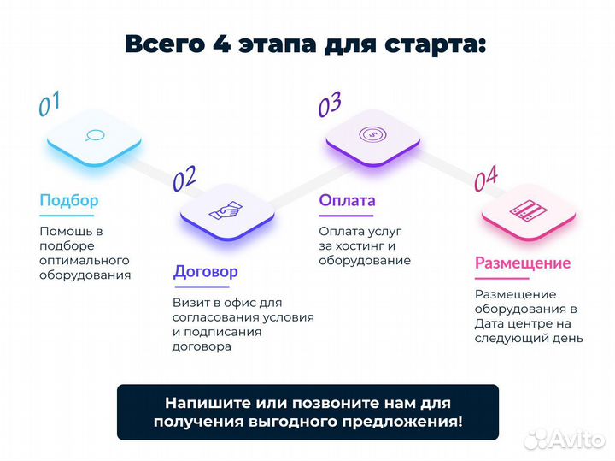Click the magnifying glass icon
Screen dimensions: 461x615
coord(94,134)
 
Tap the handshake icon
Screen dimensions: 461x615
coord(227,210)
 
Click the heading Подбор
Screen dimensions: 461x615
coord(68,201)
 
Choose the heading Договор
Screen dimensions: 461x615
coord(206,272)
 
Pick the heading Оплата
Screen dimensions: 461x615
coord(347,201)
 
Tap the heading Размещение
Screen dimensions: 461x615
coord(523,263)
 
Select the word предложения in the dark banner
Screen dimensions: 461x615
coord(407,421)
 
